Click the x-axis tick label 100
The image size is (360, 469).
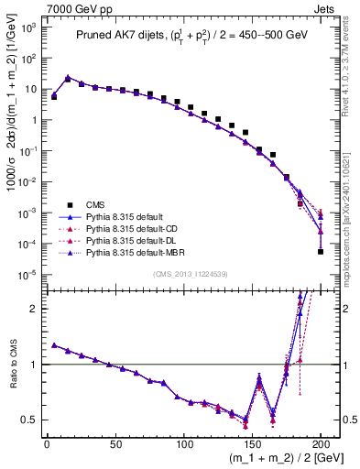tap(183, 445)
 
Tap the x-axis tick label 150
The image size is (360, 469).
tap(252, 445)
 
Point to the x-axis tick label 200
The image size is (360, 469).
tap(321, 445)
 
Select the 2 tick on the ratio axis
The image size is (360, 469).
tap(32, 309)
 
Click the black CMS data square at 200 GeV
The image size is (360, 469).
tap(321, 251)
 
